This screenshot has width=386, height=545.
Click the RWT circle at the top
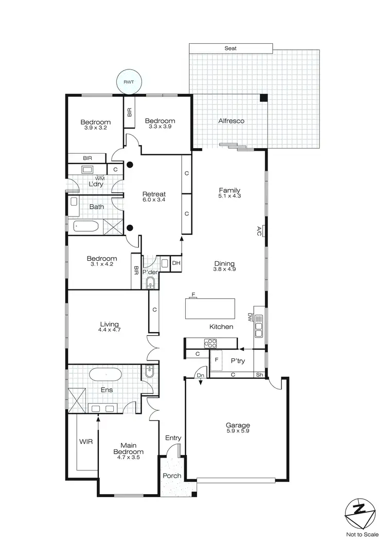[127, 82]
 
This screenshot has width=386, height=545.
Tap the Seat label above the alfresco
[230, 48]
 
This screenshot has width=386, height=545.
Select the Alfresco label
[231, 121]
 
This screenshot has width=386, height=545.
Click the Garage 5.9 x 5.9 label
[238, 428]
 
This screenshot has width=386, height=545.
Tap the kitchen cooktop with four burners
[211, 343]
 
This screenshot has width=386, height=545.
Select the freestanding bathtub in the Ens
[105, 374]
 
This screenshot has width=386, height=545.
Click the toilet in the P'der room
[151, 282]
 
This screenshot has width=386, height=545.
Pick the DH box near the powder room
[176, 263]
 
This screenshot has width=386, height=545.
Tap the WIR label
[85, 441]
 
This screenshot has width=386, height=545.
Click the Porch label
[172, 476]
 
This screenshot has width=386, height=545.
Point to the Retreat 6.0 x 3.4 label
[153, 197]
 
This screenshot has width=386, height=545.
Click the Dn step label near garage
[201, 376]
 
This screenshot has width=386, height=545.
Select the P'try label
[237, 361]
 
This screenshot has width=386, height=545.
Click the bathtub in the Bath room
[88, 225]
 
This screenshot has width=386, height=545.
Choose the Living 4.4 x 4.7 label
[109, 327]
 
